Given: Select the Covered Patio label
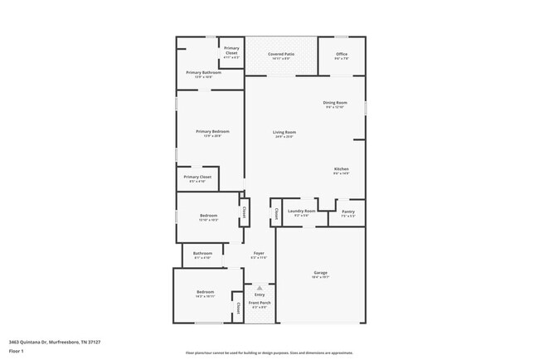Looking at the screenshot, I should pos(280,54).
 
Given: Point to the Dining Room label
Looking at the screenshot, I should pos(334,103).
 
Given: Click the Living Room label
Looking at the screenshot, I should pos(284,132).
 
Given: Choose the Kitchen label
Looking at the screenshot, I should pos(341,169).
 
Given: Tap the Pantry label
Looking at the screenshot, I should pos(348,212).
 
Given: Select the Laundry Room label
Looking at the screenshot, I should pos(301,212).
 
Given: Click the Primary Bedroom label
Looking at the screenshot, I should pos(212,132).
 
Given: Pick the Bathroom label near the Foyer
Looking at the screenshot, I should pos(203,254).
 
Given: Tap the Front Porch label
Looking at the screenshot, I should pos(260,304).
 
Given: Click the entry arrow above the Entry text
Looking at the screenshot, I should pos(259,287).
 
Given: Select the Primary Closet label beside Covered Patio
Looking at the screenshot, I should pos(231,51).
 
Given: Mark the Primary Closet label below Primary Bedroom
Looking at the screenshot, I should pos(197,177).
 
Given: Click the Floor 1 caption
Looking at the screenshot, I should pos(17,351).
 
